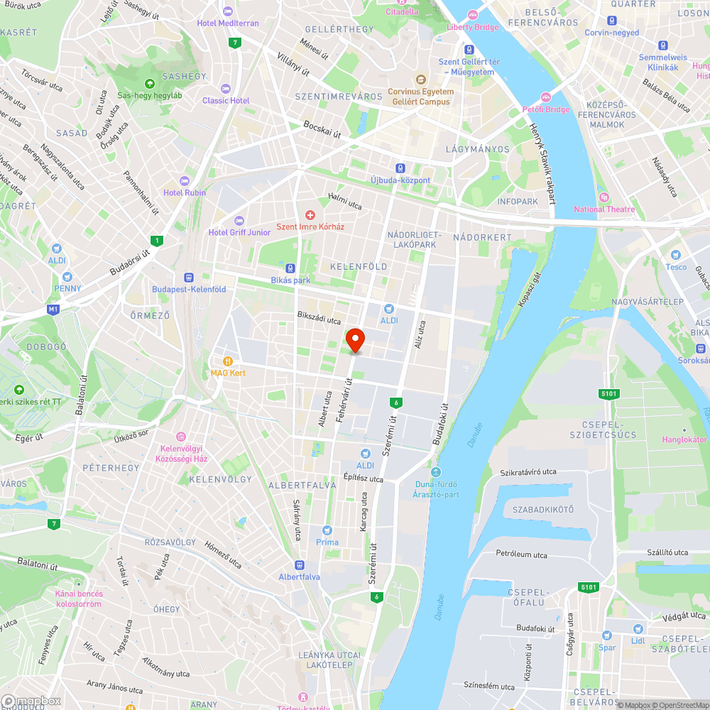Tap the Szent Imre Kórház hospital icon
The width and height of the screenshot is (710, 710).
(x=310, y=214)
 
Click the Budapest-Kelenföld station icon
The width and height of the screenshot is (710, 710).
(x=189, y=278)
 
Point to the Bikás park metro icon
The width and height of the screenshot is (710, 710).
(x=290, y=268)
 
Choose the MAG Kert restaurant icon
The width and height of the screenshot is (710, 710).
(x=228, y=361)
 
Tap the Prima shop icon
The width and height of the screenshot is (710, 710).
(x=327, y=530)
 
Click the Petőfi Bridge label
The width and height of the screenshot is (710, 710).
(x=546, y=109)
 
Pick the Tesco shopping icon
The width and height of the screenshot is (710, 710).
(x=676, y=255)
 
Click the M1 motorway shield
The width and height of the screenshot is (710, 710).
(x=53, y=309)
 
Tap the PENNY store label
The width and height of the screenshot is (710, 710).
(x=67, y=288)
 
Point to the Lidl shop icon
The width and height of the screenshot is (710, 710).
(x=638, y=629)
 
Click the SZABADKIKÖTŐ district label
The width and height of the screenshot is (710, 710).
(x=544, y=510)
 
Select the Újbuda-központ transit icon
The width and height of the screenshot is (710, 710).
(x=400, y=168)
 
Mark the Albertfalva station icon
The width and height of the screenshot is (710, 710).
(x=300, y=565)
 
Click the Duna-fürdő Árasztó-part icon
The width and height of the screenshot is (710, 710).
(x=436, y=472)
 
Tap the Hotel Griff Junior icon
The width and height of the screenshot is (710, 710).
(x=239, y=220)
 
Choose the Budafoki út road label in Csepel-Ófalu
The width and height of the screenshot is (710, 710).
(x=536, y=628)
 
